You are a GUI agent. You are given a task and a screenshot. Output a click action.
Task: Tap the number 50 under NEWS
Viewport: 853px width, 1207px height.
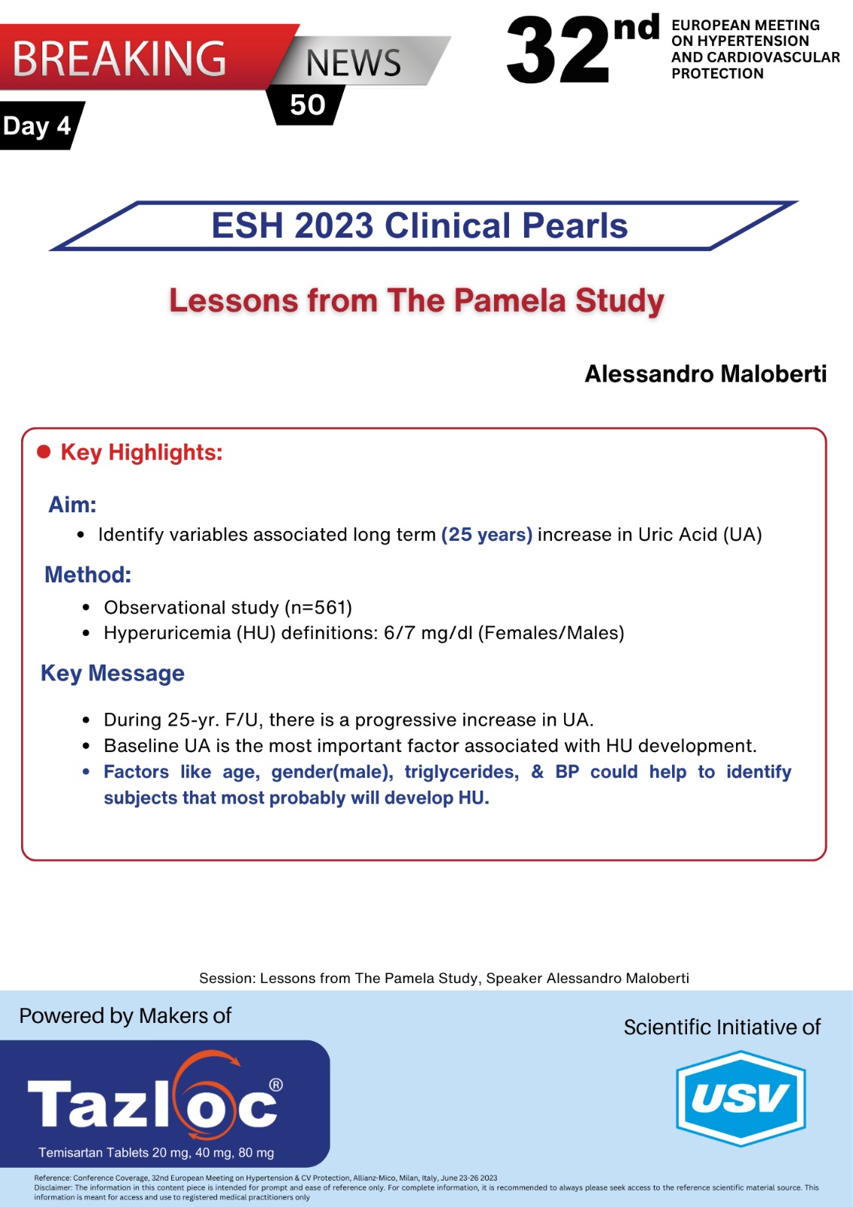point(308,105)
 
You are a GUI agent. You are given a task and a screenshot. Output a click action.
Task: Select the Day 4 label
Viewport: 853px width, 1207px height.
point(37,125)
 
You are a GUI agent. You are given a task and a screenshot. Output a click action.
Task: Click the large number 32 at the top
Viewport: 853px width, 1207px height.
point(558,51)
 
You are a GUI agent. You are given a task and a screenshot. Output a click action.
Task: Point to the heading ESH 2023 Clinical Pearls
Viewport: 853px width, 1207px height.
point(419,226)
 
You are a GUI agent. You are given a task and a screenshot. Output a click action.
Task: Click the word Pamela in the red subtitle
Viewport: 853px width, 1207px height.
point(510,300)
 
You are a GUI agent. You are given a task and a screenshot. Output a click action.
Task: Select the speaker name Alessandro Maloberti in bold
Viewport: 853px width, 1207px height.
point(705,373)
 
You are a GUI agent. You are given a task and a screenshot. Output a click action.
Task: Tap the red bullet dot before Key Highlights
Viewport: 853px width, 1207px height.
point(44,452)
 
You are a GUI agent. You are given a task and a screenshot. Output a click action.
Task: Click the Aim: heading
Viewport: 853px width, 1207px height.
point(72,505)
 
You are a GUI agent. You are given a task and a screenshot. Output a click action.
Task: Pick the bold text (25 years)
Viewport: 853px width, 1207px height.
point(486,535)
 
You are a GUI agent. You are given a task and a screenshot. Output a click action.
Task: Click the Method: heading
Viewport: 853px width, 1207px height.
point(87,575)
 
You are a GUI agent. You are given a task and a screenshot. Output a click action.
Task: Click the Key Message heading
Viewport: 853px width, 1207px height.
point(112,673)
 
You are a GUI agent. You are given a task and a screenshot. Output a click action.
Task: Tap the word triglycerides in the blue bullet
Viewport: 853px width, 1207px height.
point(462,772)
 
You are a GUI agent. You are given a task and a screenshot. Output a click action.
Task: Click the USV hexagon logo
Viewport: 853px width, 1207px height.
point(741,1098)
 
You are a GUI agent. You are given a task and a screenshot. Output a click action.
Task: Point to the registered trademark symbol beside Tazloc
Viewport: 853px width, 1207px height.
point(276,1086)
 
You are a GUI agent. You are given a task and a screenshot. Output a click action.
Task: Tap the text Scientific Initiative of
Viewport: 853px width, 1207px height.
point(722,1027)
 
